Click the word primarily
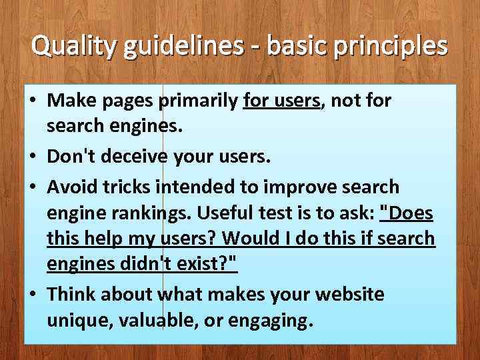[x=198, y=101]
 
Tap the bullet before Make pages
[x=33, y=101]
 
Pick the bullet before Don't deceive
[x=33, y=158]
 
